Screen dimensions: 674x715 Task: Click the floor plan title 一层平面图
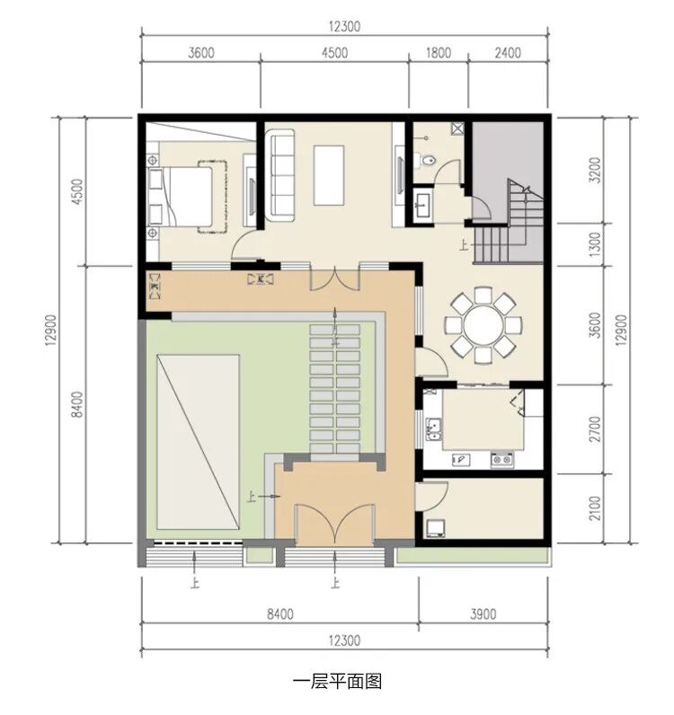click(x=337, y=682)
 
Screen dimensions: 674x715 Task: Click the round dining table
click(x=483, y=325)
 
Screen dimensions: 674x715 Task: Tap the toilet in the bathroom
click(x=428, y=161)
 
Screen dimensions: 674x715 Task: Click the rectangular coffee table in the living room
click(x=329, y=175)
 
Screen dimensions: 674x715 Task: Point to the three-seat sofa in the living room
click(x=280, y=175)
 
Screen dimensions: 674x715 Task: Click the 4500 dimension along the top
click(x=334, y=53)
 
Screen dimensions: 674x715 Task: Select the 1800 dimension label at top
click(x=439, y=53)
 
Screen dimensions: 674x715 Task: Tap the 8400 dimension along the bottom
click(x=280, y=614)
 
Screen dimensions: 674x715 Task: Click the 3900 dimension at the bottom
click(x=483, y=614)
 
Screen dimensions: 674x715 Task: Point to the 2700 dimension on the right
click(x=595, y=428)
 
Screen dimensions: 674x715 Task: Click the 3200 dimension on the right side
click(x=595, y=170)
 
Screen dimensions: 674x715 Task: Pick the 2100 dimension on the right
click(x=595, y=508)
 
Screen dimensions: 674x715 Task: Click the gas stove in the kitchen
click(x=502, y=459)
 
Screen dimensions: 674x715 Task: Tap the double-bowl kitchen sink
click(x=434, y=429)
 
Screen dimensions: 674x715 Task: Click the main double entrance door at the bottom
click(x=335, y=525)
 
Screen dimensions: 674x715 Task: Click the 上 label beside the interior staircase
click(x=465, y=247)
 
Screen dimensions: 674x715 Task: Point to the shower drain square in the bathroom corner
click(x=457, y=128)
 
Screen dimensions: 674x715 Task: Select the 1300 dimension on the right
click(x=595, y=244)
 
